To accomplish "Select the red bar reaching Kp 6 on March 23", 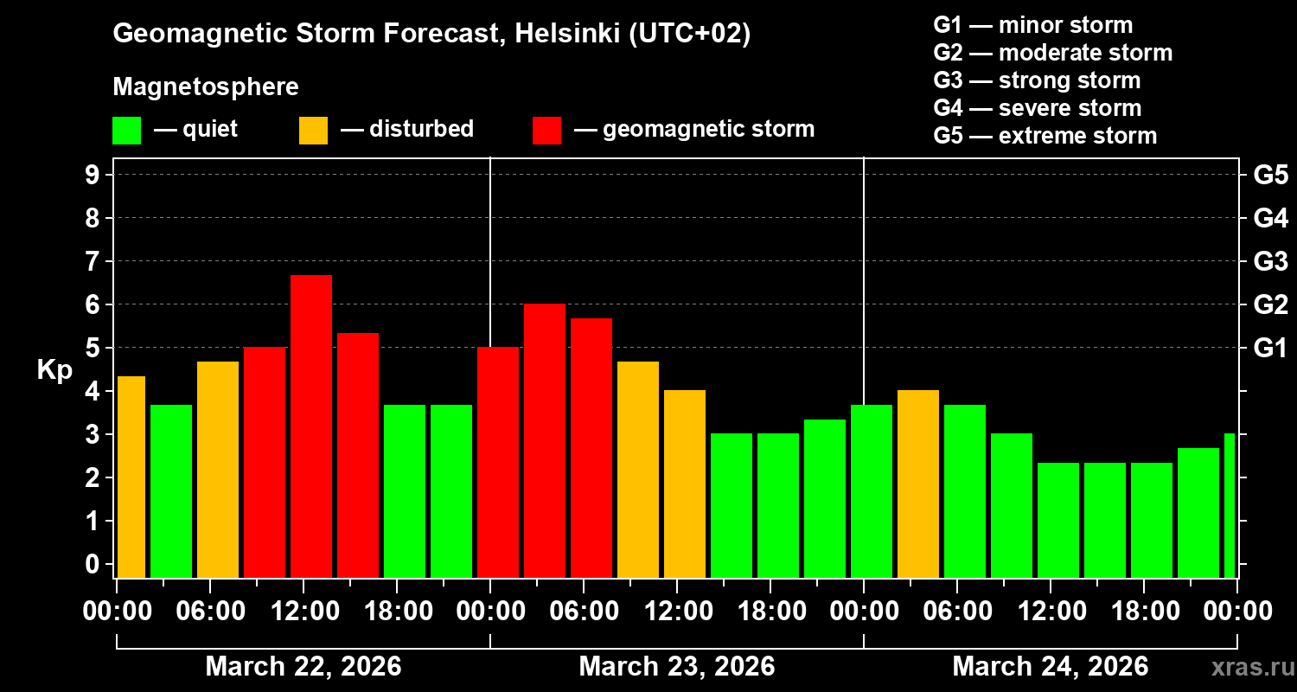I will (545, 440).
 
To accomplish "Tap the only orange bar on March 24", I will (918, 484).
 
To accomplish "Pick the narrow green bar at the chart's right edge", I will (1230, 505).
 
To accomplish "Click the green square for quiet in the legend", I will (126, 130).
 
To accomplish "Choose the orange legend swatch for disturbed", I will (313, 130).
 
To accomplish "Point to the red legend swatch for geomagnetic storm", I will (546, 130).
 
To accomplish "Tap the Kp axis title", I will (54, 370).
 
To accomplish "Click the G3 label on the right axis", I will (1270, 261).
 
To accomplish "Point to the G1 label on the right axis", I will (1270, 349).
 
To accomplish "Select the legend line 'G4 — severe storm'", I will (1037, 108).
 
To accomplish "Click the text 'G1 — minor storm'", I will (1032, 25).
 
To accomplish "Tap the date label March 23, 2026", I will (676, 667).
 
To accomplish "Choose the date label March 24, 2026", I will (1050, 667).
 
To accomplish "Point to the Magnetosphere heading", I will (206, 87).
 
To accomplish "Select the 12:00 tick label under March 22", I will (304, 612).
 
